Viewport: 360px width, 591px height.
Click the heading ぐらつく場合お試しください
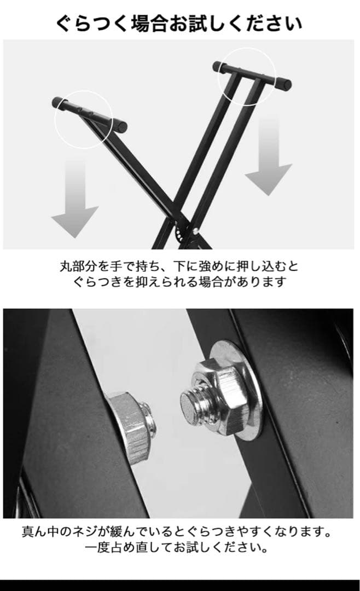(x=179, y=24)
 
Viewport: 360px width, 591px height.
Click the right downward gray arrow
(x=269, y=157)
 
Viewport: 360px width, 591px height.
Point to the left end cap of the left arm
(x=58, y=102)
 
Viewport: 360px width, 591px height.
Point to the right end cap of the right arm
(x=283, y=83)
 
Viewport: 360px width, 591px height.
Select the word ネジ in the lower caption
(x=85, y=532)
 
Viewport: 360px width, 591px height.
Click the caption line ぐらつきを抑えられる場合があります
(x=179, y=282)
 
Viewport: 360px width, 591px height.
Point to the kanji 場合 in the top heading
(x=148, y=24)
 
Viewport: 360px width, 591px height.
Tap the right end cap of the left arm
(x=120, y=125)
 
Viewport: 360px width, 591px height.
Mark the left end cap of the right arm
(x=219, y=67)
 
